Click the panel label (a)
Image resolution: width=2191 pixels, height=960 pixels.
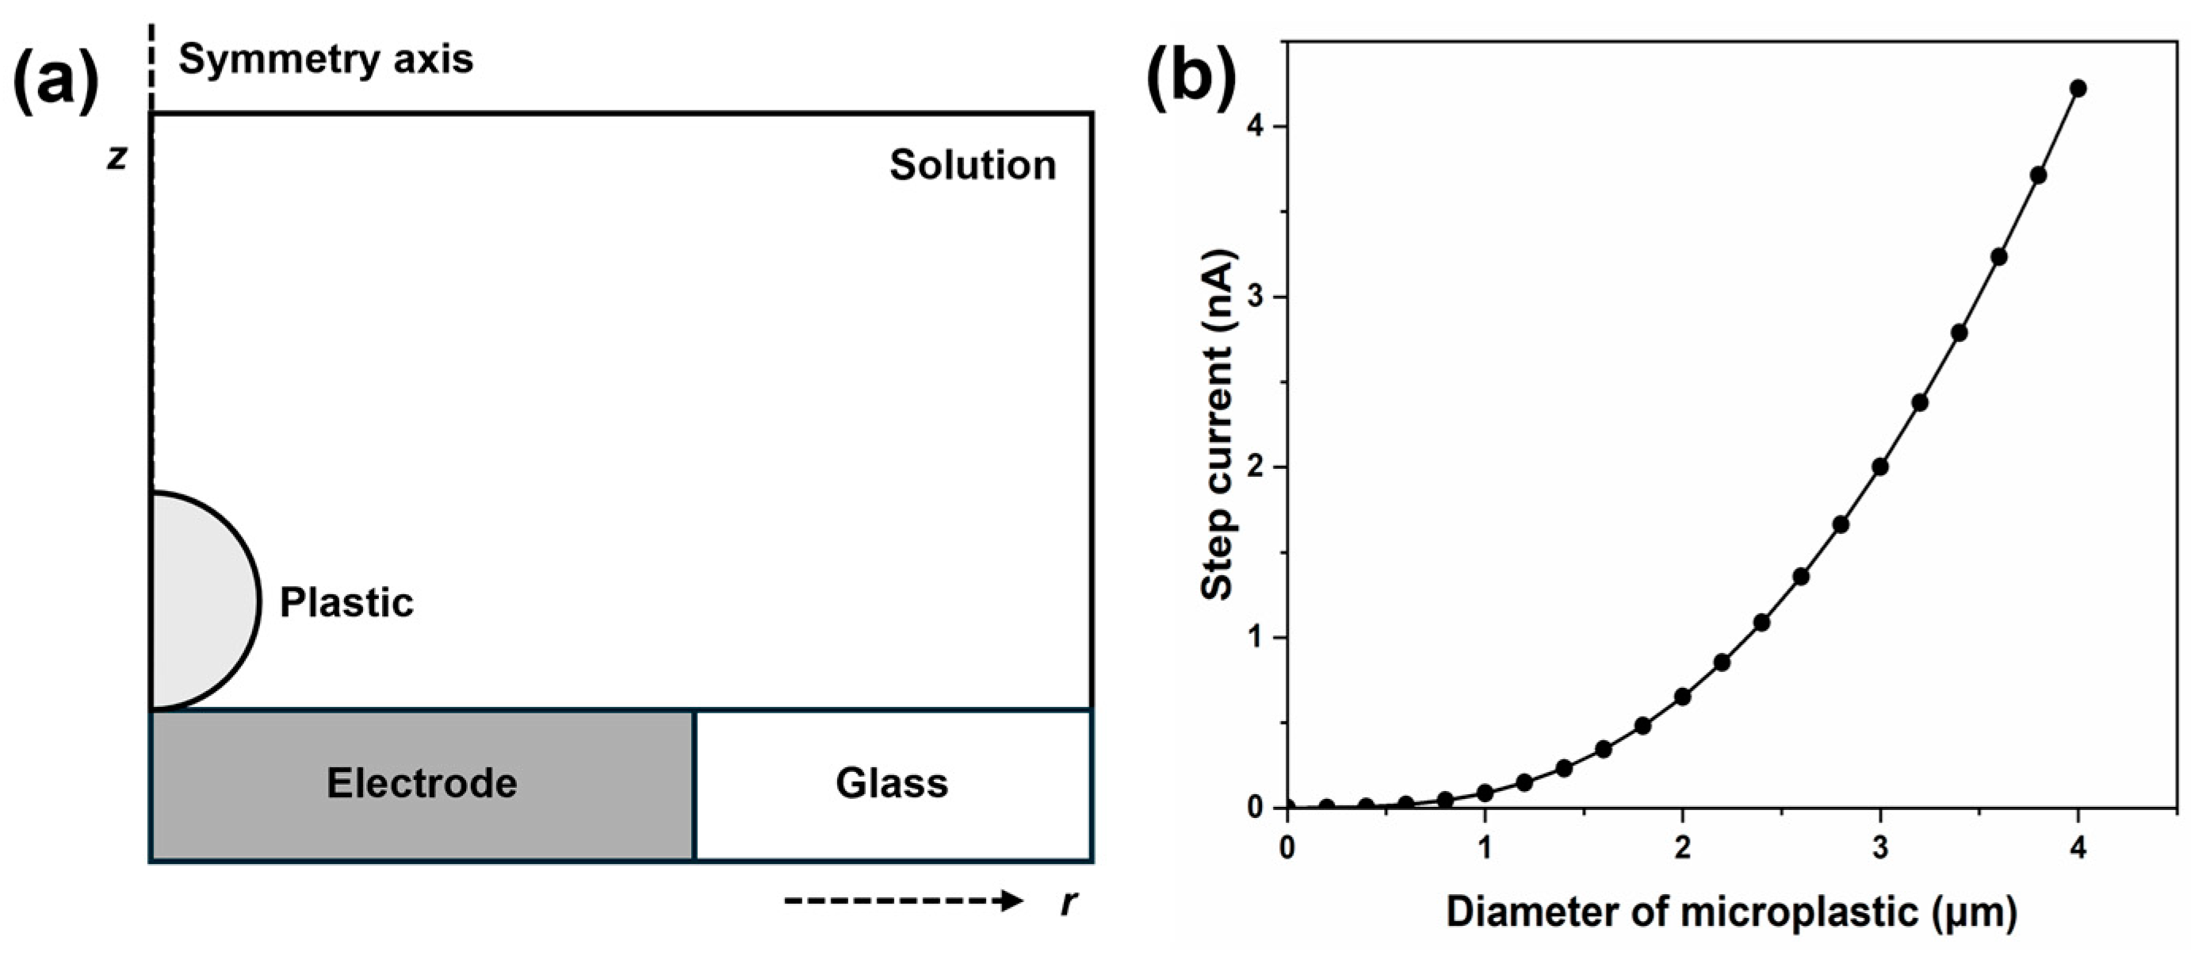56,83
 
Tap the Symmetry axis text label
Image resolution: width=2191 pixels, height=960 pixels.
326,59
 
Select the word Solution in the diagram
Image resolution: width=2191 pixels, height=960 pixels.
972,164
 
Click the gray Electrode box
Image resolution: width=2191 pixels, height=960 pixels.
422,784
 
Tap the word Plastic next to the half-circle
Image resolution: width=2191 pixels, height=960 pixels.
346,602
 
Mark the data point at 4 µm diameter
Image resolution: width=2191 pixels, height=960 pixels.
2078,89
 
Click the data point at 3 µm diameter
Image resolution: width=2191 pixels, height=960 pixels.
1880,467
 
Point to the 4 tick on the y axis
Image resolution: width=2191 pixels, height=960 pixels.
1257,127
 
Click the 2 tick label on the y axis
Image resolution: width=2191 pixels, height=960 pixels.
1257,467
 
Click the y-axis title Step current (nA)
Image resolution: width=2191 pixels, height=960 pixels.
1219,425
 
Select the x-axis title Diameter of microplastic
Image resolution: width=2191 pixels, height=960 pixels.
1731,912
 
